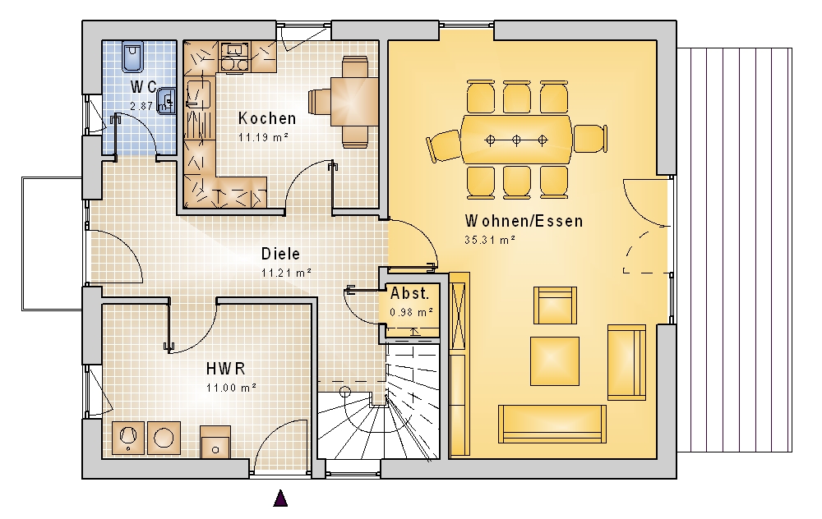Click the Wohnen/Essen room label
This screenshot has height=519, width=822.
524,221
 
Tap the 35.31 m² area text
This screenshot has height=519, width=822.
490,240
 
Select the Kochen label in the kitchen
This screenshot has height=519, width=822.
267,118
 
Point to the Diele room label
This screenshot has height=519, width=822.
281,254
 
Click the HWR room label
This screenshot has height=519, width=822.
226,369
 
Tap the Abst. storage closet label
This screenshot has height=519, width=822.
409,293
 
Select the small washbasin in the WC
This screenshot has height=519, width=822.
166,99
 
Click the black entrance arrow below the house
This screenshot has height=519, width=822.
280,498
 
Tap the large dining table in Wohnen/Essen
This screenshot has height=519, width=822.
516,140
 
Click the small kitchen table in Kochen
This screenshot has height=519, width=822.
354,102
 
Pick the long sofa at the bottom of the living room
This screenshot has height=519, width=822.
552,423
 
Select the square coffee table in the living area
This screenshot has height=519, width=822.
555,361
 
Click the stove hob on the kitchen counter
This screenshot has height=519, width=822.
234,64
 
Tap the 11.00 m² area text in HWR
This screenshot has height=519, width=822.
231,388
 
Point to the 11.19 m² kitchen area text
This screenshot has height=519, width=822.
264,138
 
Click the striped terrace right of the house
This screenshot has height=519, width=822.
734,250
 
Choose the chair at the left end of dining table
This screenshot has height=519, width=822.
444,146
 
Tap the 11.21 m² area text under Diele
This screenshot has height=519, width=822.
287,273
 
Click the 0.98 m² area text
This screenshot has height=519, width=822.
412,312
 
